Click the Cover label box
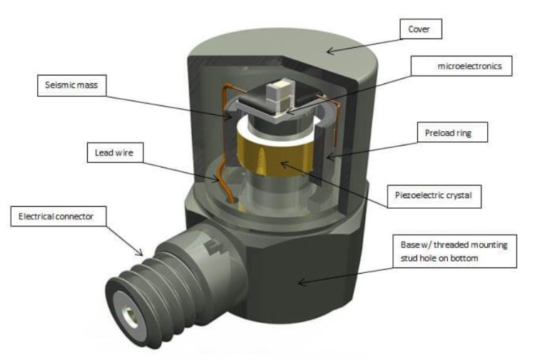pos(420,29)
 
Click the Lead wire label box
pos(115,152)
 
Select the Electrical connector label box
pos(52,214)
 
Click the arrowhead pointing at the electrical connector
pos(143,254)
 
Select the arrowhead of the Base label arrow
pos(300,282)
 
